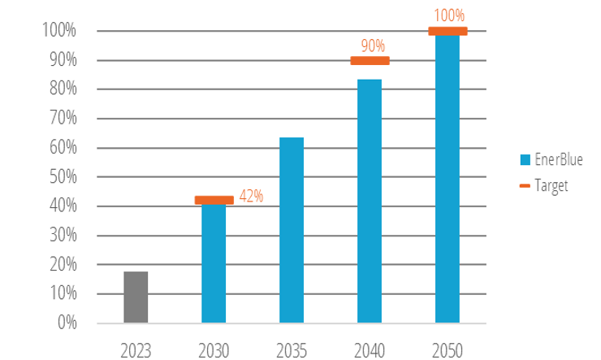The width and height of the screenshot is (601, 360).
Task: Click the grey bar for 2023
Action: pos(136,297)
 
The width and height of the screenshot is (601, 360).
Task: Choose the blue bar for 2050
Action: pos(448,179)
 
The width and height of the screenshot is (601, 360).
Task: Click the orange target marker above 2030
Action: pos(214,200)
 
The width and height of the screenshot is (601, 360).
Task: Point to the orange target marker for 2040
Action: pos(370,60)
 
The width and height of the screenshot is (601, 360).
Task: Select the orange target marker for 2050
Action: pos(448,31)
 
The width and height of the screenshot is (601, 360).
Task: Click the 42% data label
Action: pos(250,196)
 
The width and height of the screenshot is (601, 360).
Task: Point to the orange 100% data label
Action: pos(448,15)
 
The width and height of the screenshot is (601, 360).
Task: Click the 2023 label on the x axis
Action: pos(136,350)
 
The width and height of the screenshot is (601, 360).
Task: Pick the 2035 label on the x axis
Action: pos(292,350)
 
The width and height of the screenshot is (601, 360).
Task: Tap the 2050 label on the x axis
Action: pos(448,350)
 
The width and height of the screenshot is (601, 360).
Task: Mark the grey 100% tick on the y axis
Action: pos(58,31)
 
